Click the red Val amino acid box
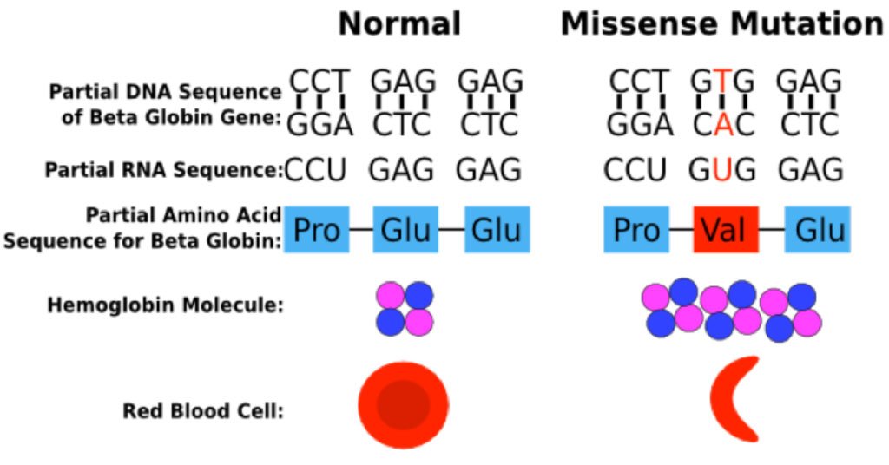click(726, 230)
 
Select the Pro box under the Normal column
click(317, 230)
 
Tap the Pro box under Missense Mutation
click(637, 230)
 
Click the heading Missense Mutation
click(721, 24)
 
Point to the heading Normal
click(399, 24)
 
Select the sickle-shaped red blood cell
click(734, 399)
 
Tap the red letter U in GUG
click(721, 168)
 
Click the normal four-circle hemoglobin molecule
click(404, 309)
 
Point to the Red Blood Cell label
click(204, 409)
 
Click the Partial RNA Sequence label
click(164, 171)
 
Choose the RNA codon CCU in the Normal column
click(316, 168)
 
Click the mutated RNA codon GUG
click(721, 168)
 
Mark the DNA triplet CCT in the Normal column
click(319, 82)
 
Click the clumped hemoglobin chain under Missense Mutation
click(731, 310)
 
